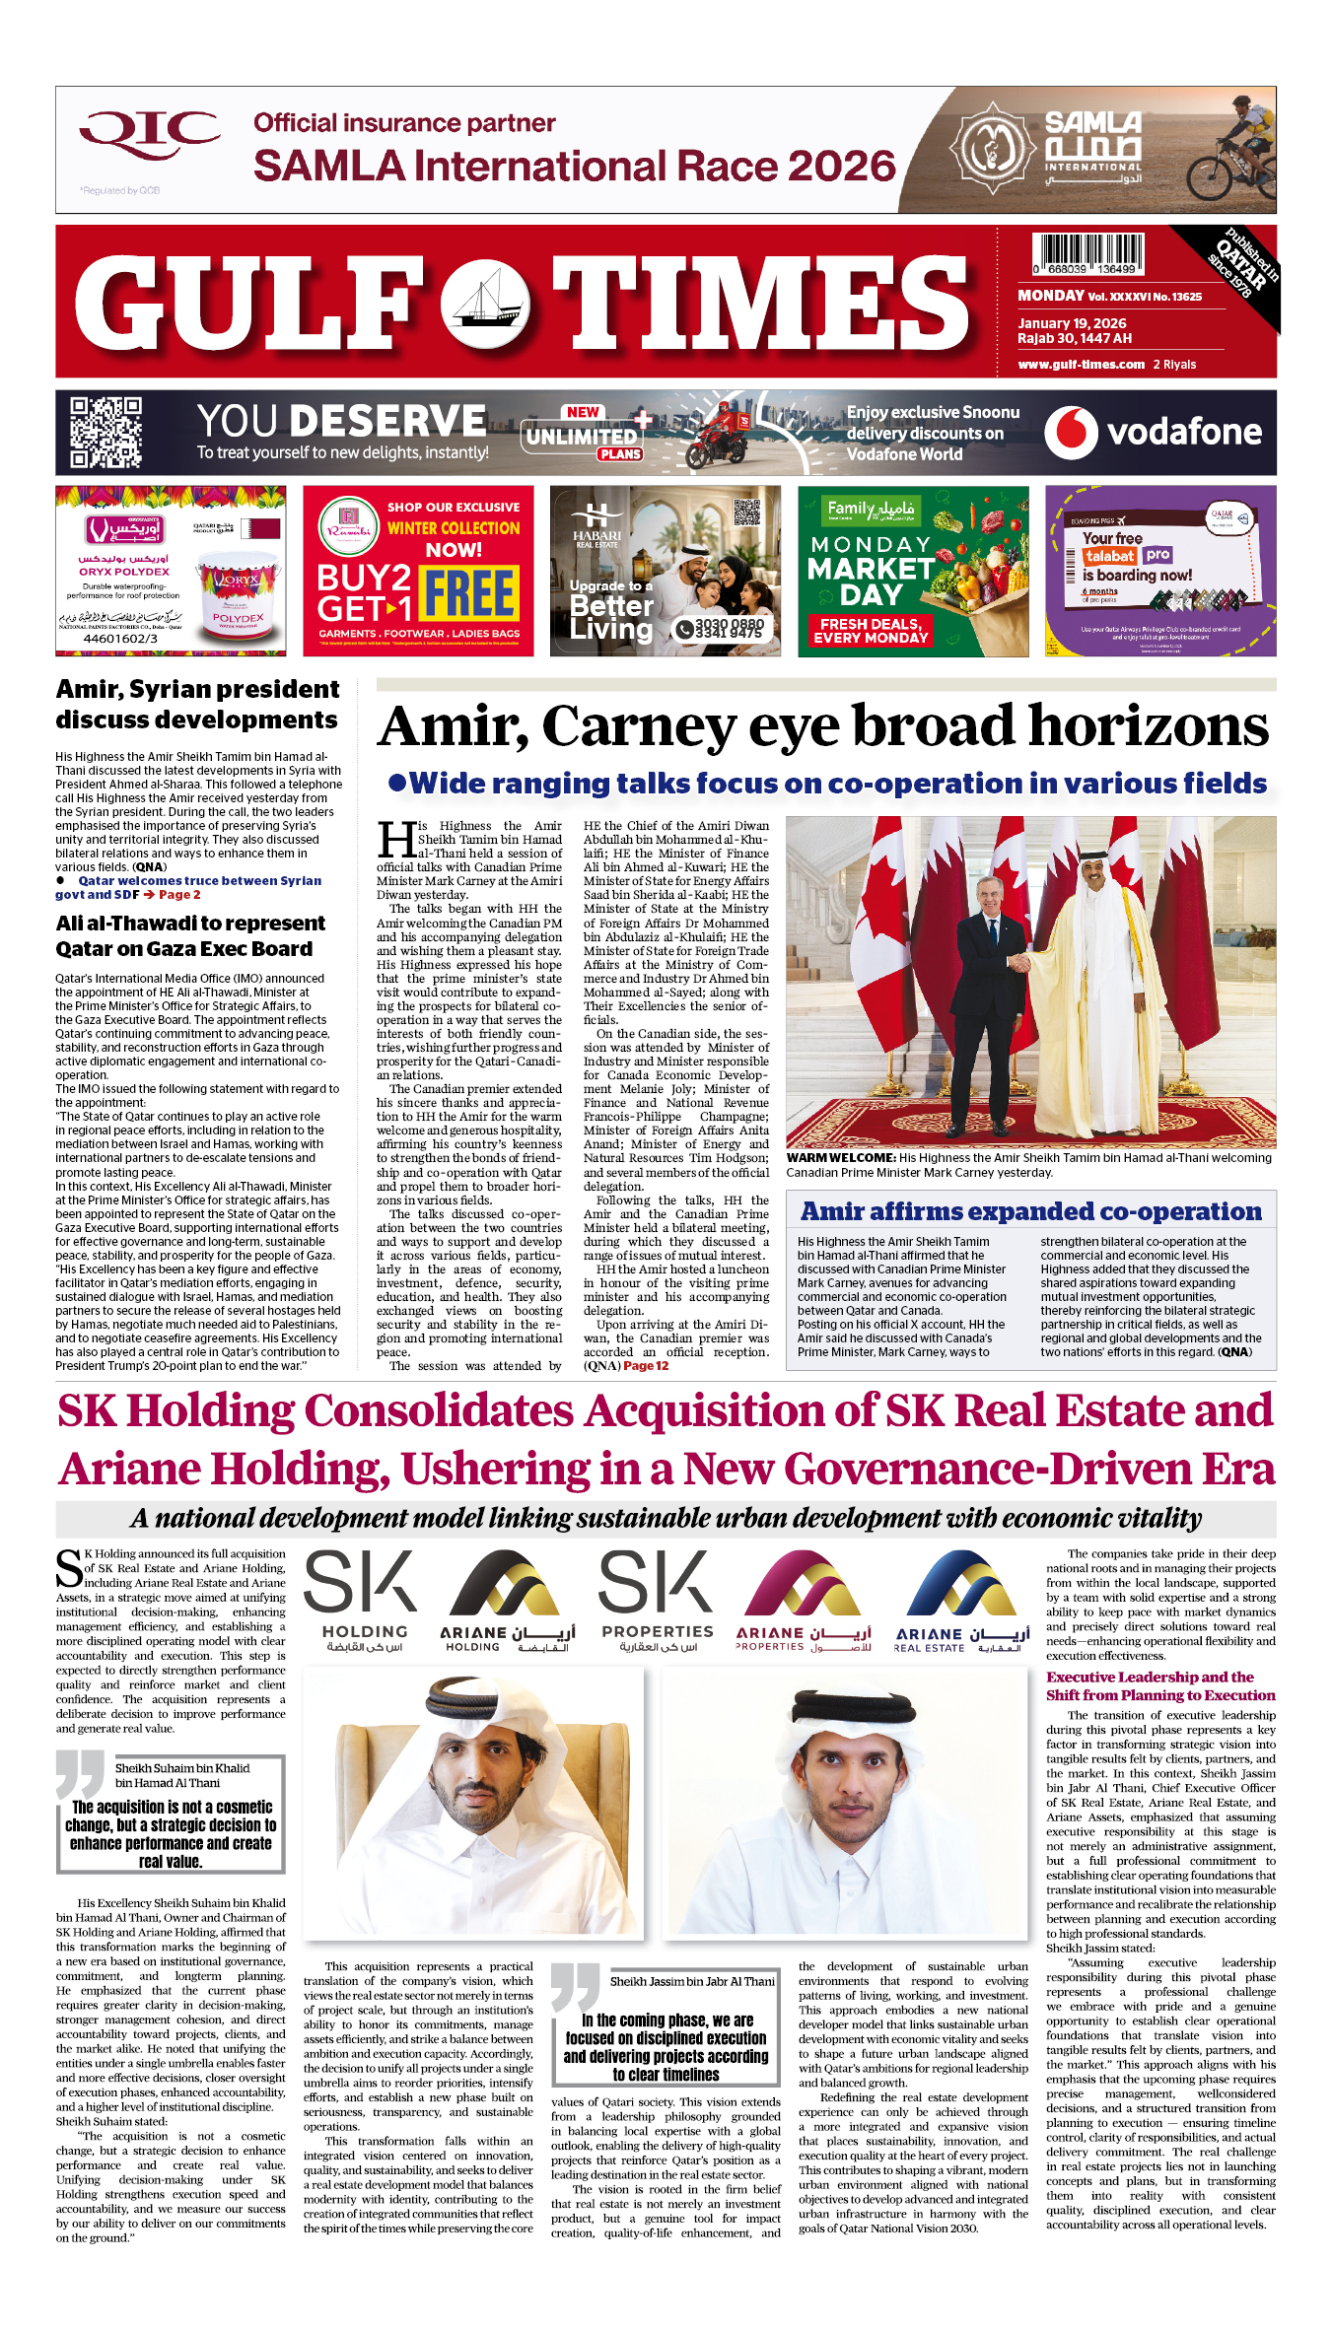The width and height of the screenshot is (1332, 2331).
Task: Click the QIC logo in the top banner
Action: point(149,134)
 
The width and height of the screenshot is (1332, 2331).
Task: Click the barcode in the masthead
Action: point(1087,254)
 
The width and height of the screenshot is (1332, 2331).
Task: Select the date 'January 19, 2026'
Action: point(1072,323)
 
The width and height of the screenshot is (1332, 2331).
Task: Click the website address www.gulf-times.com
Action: point(1081,365)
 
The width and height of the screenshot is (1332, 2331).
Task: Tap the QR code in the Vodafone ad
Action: point(105,432)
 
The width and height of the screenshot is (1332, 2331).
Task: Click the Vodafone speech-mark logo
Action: point(1070,433)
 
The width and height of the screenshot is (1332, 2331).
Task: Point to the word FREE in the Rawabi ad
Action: point(469,594)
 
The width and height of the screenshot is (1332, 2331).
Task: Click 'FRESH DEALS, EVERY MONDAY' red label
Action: point(871,631)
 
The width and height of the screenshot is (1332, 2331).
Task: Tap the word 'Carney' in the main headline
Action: point(639,727)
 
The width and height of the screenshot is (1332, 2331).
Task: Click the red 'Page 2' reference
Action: point(179,895)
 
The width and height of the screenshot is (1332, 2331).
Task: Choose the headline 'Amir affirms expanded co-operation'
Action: point(1030,1211)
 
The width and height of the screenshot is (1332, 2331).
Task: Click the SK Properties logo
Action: point(657,1600)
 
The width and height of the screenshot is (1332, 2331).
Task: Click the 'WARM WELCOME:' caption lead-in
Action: point(841,1158)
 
